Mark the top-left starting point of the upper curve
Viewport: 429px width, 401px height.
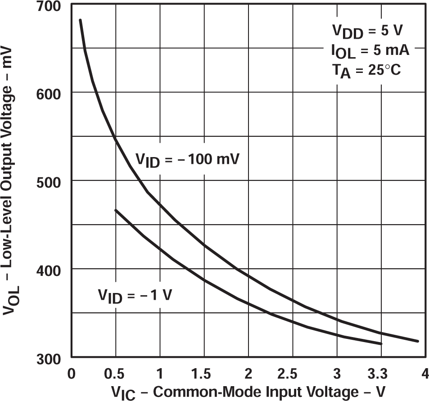(x=80, y=20)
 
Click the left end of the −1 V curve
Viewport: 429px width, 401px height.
(x=116, y=210)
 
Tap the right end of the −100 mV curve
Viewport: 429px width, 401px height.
(x=418, y=341)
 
